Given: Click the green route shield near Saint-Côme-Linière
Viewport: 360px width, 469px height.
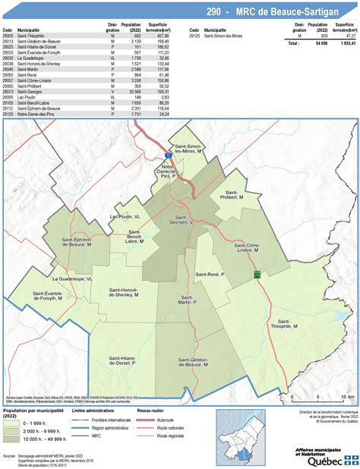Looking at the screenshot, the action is coord(257,274).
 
